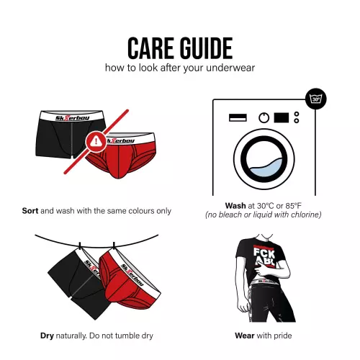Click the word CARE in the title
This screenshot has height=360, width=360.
pos(150,48)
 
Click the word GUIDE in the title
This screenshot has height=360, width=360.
pos(206,48)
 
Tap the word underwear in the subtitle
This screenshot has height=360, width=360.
pos(230,68)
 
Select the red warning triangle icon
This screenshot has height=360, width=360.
pos(96,141)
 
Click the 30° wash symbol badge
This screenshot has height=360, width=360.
pos(316,99)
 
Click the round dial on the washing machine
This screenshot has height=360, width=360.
pos(264,118)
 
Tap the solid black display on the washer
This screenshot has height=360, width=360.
pos(282,117)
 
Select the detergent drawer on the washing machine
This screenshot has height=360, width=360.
pos(238,117)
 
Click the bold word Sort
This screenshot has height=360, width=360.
pos(30,211)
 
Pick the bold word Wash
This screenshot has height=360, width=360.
pos(235,206)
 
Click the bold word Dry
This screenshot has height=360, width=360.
pos(47,336)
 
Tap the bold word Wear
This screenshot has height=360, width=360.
pos(245,336)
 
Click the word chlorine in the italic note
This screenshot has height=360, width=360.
pos(306,215)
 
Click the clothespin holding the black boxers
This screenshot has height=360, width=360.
pos(80,246)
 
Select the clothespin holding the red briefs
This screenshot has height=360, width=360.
pos(114,246)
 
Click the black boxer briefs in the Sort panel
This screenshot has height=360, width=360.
pos(70,134)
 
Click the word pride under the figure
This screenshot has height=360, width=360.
pos(282,336)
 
